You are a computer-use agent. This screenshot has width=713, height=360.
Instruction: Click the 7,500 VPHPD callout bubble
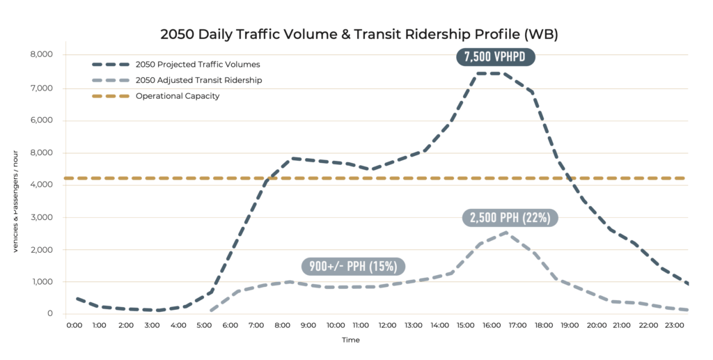point(495,57)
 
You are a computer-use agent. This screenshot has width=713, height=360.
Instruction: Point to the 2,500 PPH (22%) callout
point(510,218)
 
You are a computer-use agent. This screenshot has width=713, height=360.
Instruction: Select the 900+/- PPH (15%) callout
point(354,266)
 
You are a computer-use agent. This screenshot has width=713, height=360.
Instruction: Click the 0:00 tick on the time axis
point(75,325)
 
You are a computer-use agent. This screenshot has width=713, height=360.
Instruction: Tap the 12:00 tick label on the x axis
point(388,325)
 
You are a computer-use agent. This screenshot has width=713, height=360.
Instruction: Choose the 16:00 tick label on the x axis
point(492,325)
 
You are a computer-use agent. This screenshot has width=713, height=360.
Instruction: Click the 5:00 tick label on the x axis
point(205,325)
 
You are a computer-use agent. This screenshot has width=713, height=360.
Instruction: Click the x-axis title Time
point(351,341)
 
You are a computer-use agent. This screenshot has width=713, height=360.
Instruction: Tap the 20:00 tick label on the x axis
point(597,325)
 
